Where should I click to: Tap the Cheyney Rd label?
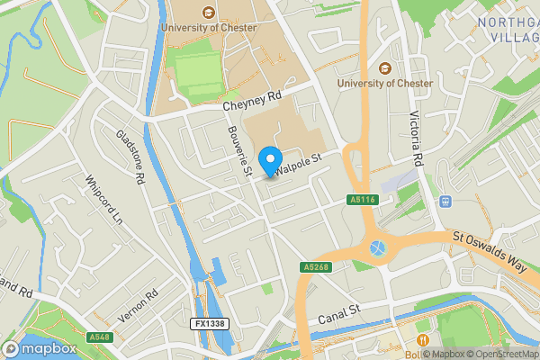click(253, 106)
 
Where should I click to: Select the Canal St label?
click(338, 315)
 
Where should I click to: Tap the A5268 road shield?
click(315, 267)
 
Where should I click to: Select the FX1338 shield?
click(209, 322)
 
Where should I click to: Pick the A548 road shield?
click(100, 337)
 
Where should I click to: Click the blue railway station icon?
click(444, 202)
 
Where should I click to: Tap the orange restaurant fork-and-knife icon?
click(422, 339)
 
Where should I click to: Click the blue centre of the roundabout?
click(376, 245)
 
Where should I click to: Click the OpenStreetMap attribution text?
click(503, 354)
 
